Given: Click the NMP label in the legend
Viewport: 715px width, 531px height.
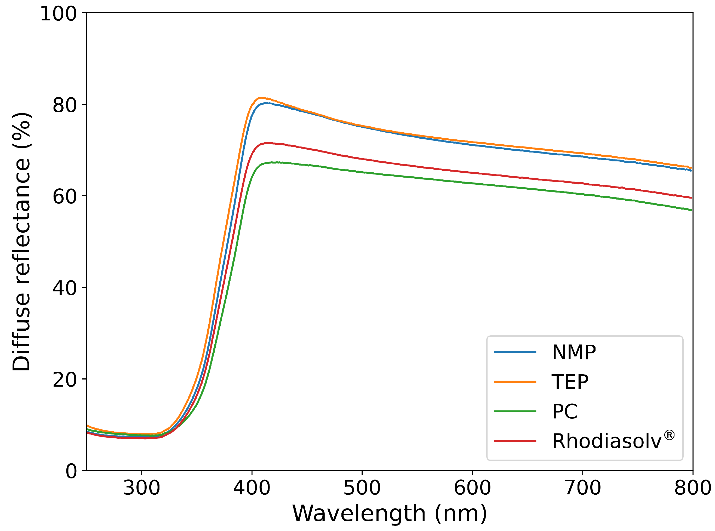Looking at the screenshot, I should [x=574, y=352].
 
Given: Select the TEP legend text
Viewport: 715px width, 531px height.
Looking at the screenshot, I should [x=570, y=382].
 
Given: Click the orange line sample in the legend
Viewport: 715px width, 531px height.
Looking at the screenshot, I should [x=515, y=382].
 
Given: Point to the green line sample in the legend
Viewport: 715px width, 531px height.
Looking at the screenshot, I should [x=515, y=411].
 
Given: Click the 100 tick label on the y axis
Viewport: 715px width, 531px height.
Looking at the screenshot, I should [x=58, y=14].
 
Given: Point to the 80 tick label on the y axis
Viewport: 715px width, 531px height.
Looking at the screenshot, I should [x=65, y=105].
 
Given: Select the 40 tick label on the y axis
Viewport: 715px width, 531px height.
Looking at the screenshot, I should [x=65, y=288].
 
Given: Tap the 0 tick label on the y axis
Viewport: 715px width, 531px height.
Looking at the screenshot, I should [x=71, y=471].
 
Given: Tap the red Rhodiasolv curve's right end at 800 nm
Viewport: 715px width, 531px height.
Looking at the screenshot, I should [x=691, y=198].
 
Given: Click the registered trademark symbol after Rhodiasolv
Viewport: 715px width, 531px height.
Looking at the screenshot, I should [x=669, y=435].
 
